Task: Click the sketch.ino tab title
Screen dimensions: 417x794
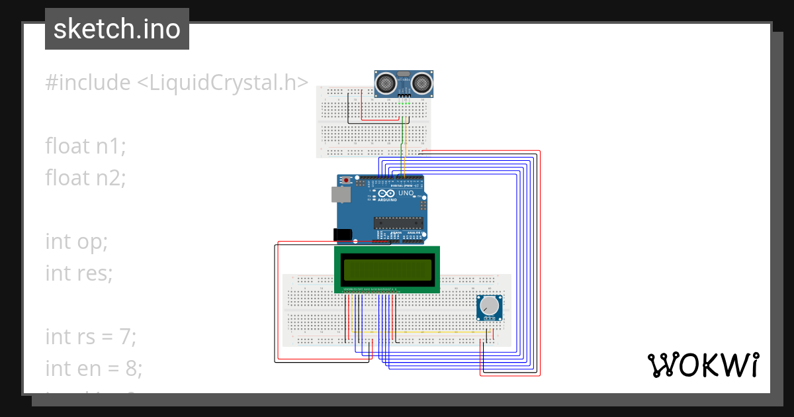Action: coord(117,29)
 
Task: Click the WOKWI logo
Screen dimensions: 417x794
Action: coord(703,365)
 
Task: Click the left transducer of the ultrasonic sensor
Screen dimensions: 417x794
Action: coord(386,83)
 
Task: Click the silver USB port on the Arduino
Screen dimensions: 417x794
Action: coord(341,194)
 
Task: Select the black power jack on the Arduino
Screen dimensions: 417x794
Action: coord(343,234)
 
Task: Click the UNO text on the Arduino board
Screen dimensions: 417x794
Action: coord(404,194)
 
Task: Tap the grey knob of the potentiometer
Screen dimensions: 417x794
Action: coord(490,306)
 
